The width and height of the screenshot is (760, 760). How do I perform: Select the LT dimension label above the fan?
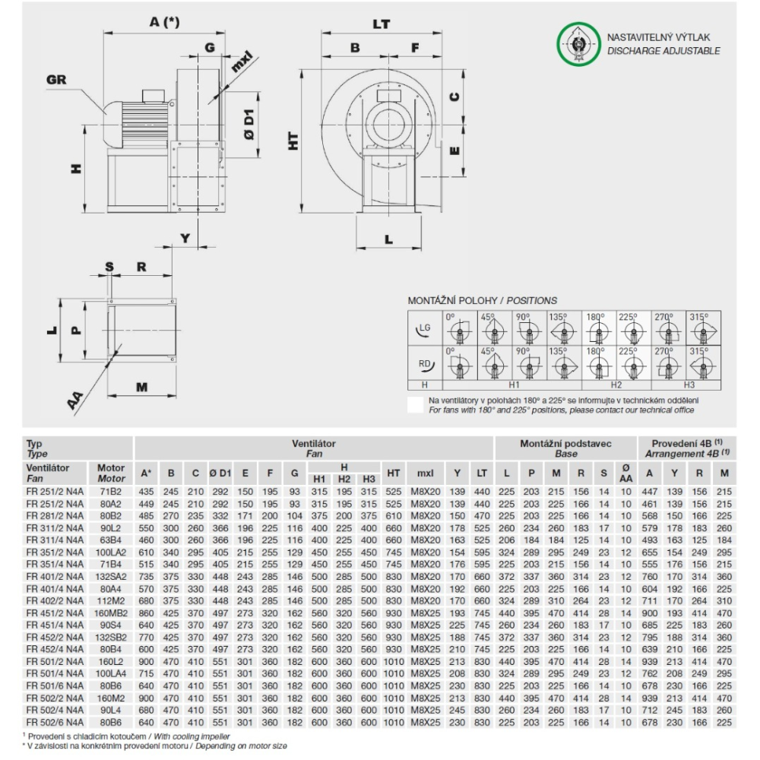(381, 24)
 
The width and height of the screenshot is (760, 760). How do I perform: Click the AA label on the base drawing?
(75, 398)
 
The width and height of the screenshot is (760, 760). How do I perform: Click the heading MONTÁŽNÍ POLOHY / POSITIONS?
(483, 300)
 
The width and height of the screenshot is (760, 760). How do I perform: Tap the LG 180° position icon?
(598, 330)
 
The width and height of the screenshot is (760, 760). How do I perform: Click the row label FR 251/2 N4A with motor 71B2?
(48, 492)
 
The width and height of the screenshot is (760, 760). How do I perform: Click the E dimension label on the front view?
(454, 151)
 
